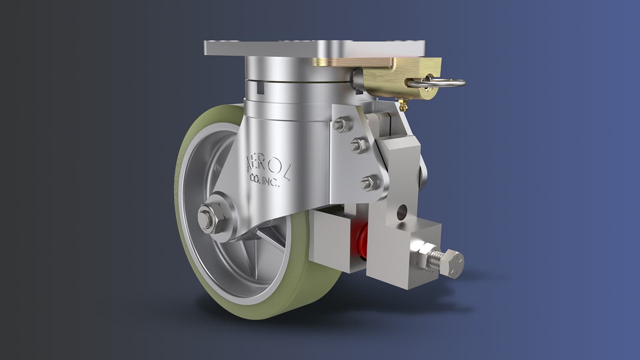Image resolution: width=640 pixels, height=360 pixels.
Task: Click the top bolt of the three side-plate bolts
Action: tap(341, 124)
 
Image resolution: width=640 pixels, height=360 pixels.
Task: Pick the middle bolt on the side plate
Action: tap(358, 145)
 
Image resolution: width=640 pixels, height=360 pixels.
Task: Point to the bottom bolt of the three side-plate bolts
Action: tap(369, 183)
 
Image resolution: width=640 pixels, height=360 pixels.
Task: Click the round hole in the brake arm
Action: tap(402, 212)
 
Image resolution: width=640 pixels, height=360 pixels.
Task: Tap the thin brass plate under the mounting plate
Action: tap(351, 62)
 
